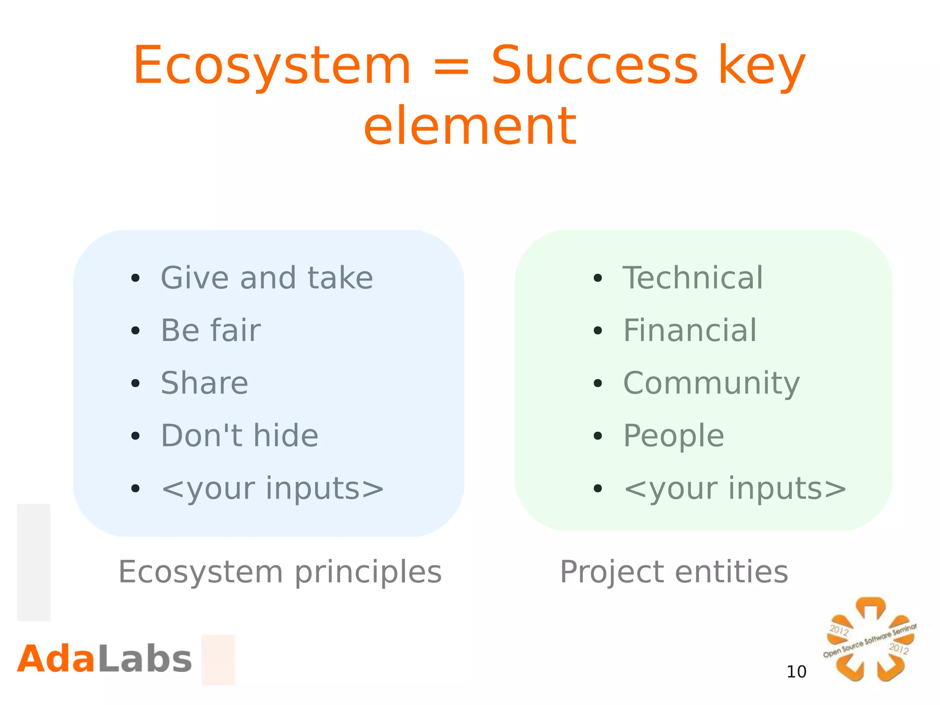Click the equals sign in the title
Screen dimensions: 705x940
pyautogui.click(x=451, y=68)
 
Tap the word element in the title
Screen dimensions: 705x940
pyautogui.click(x=470, y=126)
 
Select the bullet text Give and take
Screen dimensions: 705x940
pyautogui.click(x=267, y=278)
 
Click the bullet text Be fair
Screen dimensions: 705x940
pyautogui.click(x=211, y=330)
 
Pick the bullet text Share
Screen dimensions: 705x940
pyautogui.click(x=204, y=383)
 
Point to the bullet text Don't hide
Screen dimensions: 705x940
pyautogui.click(x=239, y=435)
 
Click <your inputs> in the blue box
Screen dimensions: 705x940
pyautogui.click(x=272, y=488)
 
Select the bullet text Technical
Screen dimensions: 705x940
pyautogui.click(x=693, y=278)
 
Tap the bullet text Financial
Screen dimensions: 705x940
pyautogui.click(x=690, y=330)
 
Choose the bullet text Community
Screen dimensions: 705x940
pyautogui.click(x=711, y=383)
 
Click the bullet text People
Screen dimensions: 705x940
pyautogui.click(x=674, y=435)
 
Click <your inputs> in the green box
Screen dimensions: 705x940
pyautogui.click(x=735, y=488)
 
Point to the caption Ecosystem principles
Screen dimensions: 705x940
pyautogui.click(x=280, y=572)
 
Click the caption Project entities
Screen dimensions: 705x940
pyautogui.click(x=674, y=572)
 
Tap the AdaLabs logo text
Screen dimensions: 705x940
pyautogui.click(x=104, y=659)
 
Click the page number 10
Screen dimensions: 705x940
pyautogui.click(x=796, y=672)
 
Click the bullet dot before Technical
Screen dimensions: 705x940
pyautogui.click(x=597, y=278)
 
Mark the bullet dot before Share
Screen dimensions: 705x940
pyautogui.click(x=135, y=383)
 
